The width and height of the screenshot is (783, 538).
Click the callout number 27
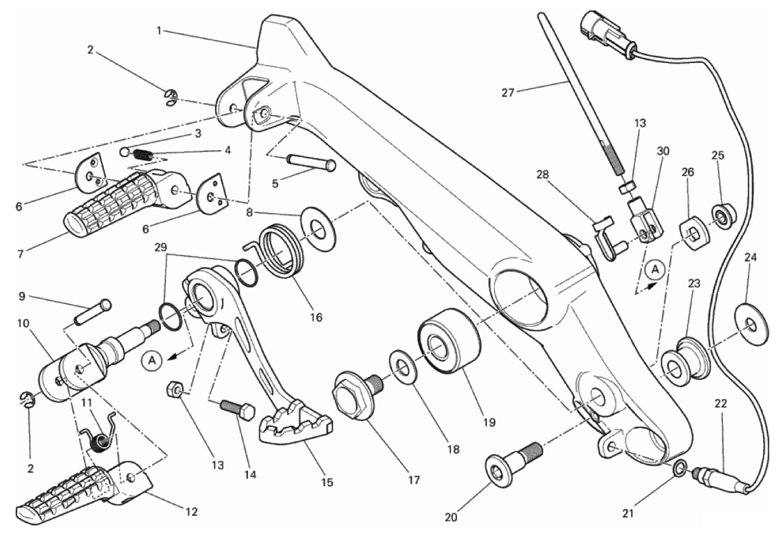coord(508,92)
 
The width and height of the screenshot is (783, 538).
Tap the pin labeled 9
coord(93,311)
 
